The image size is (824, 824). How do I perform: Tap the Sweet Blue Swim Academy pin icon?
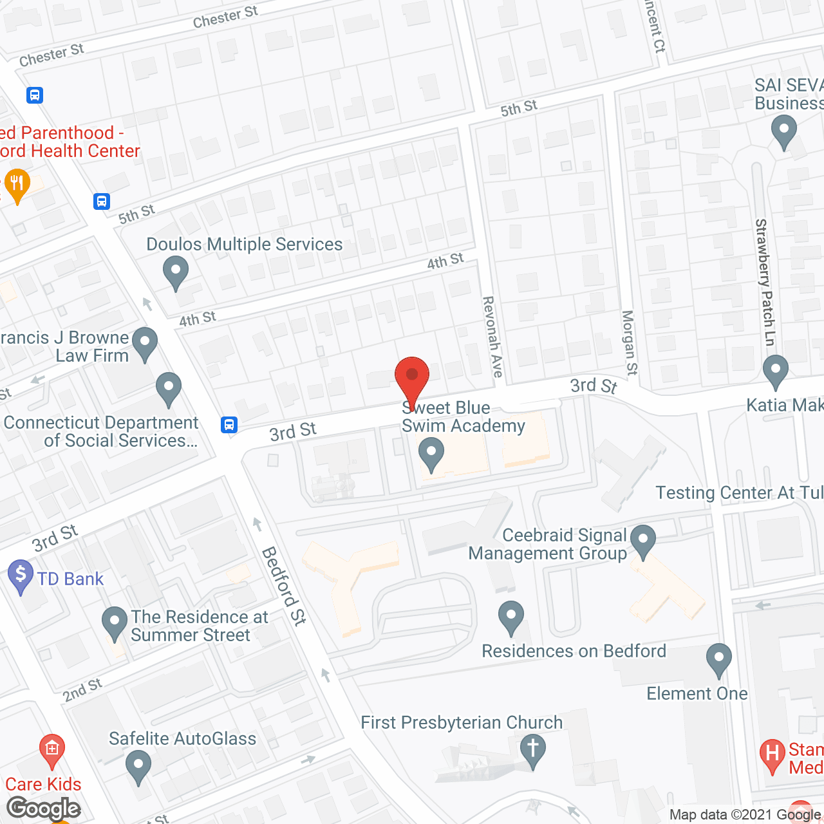coord(431,453)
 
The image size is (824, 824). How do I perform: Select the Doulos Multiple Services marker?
coord(175,272)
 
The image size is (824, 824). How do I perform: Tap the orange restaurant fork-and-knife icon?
coord(17,185)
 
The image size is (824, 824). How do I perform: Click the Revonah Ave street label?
coord(492,336)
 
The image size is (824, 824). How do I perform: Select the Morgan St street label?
coord(629,342)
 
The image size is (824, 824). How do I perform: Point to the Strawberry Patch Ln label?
coord(765,282)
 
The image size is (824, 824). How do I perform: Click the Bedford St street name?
coord(283,586)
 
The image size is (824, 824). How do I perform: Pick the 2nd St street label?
coord(82,690)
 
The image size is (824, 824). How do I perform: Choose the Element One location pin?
coord(718,659)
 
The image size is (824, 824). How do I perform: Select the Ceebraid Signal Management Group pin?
coord(642,541)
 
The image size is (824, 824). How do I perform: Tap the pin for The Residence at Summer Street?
coord(115,623)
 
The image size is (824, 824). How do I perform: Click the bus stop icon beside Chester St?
coord(35,95)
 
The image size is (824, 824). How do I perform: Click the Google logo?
coord(44,809)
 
